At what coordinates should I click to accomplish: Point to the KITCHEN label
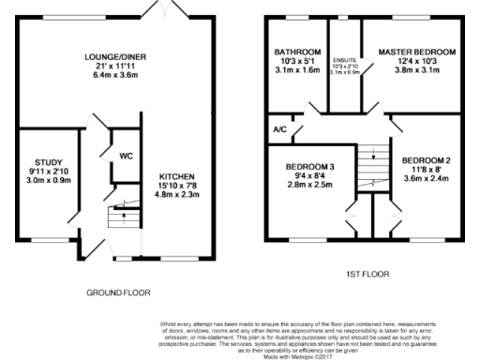click(x=177, y=176)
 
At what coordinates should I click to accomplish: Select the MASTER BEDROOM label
click(x=417, y=52)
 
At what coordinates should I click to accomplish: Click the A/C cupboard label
click(x=278, y=129)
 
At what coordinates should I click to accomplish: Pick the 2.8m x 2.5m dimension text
click(x=307, y=185)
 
